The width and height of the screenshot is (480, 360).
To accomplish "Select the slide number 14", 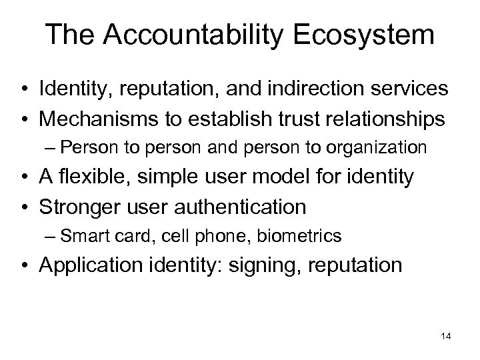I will (x=446, y=337).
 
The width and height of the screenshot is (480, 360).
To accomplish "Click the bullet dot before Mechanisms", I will (x=25, y=119).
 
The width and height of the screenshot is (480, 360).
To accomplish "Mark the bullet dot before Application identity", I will (x=25, y=265).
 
